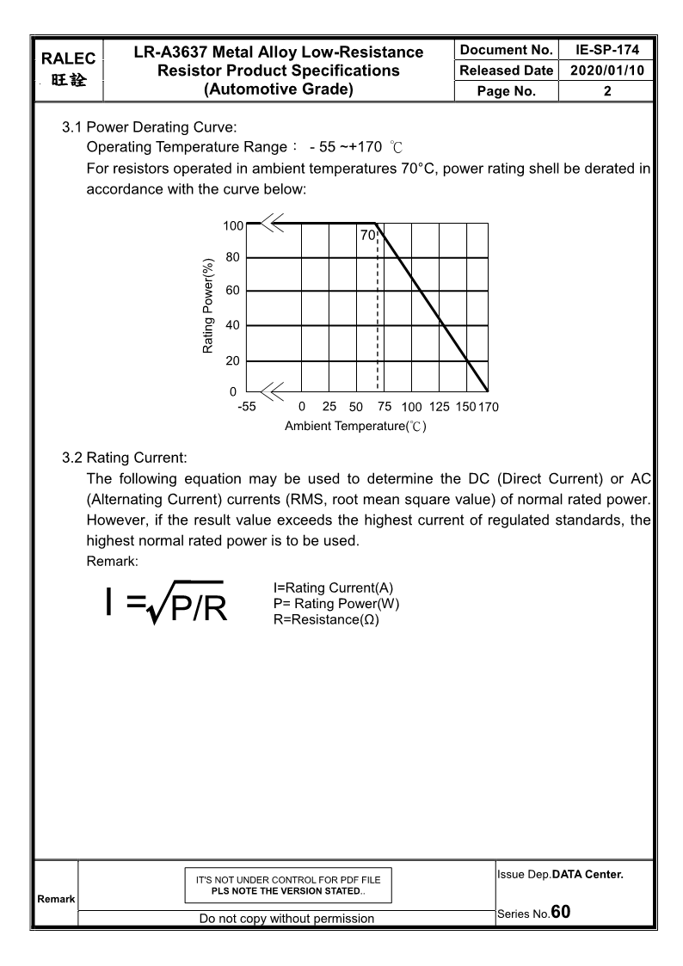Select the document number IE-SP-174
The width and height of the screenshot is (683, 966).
pyautogui.click(x=606, y=51)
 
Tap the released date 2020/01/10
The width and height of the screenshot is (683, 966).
pyautogui.click(x=606, y=71)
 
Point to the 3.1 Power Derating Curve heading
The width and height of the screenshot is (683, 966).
pyautogui.click(x=143, y=128)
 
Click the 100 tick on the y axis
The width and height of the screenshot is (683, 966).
pyautogui.click(x=233, y=225)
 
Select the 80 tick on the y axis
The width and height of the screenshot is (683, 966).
pyautogui.click(x=233, y=257)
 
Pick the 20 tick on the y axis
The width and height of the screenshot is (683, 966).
pyautogui.click(x=233, y=361)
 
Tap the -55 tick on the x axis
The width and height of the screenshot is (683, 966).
pyautogui.click(x=246, y=407)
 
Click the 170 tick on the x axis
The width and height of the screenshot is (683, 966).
pyautogui.click(x=488, y=407)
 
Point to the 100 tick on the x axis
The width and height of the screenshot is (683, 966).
pyautogui.click(x=411, y=407)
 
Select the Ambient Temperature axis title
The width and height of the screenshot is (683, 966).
pyautogui.click(x=355, y=426)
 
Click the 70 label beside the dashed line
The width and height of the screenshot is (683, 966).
pyautogui.click(x=367, y=235)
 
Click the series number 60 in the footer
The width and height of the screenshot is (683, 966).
pyautogui.click(x=561, y=911)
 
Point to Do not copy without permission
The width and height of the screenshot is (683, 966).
pyautogui.click(x=286, y=919)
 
